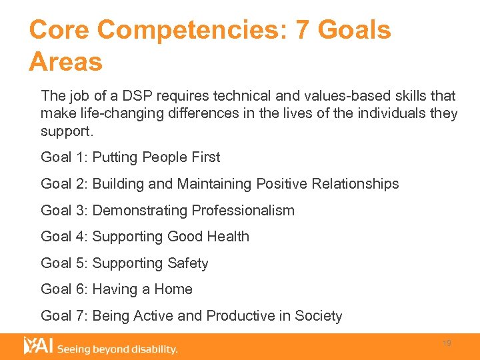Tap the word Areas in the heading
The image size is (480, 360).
point(65,62)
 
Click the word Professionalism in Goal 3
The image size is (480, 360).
point(243,211)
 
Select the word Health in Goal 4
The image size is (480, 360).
point(227,237)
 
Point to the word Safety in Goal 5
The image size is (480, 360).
point(188,263)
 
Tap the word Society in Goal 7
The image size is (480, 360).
point(317,316)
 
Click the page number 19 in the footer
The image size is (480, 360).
point(447,343)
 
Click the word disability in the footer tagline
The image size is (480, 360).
point(153,349)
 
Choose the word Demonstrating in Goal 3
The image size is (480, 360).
point(140,211)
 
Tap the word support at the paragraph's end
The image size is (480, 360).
point(65,130)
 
